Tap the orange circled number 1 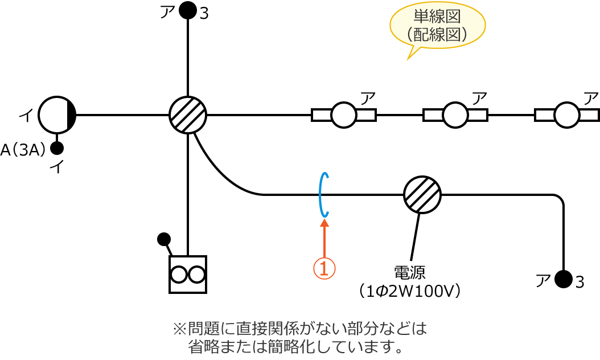point(324,268)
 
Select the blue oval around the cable point(323,195)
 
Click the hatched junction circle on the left point(188,115)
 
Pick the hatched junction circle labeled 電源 point(422,195)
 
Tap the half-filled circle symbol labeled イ point(57,115)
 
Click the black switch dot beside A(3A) point(57,148)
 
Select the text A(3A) point(23,150)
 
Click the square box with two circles point(188,275)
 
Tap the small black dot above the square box point(164,239)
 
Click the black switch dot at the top point(188,10)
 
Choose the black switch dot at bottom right point(564,279)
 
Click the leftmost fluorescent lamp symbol point(344,115)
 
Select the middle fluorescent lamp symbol point(455,115)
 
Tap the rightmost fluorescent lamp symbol point(567,115)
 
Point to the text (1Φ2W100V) point(409,291)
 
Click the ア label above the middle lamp point(479,97)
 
